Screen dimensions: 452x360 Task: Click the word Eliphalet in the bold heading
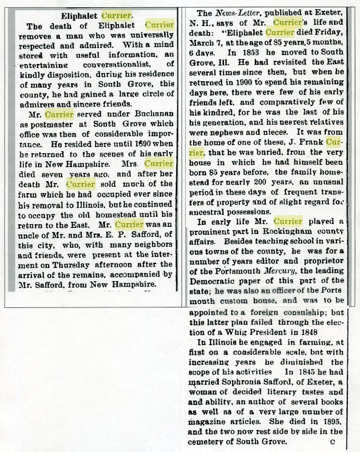80,15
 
